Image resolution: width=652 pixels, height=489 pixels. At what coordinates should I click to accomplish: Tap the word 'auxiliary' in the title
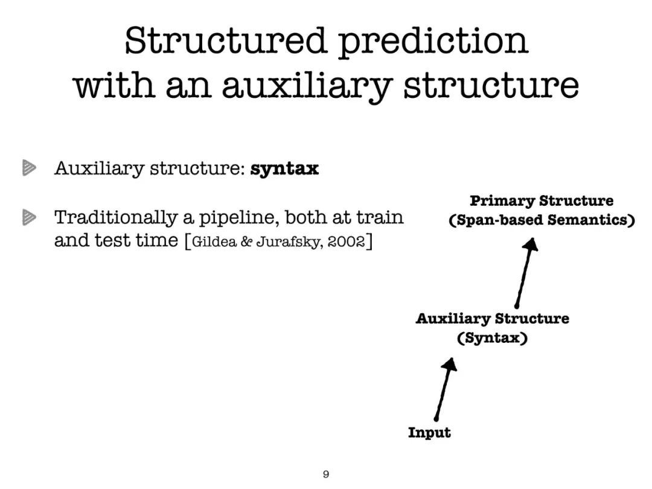pyautogui.click(x=307, y=86)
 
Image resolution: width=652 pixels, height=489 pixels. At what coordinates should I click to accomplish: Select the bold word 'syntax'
pyautogui.click(x=284, y=169)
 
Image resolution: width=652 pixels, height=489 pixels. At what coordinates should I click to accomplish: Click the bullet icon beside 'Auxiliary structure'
pyautogui.click(x=29, y=168)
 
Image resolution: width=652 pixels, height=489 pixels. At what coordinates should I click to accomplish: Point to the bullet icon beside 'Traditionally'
pyautogui.click(x=29, y=217)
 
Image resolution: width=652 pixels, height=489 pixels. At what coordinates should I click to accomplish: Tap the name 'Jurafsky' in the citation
pyautogui.click(x=289, y=242)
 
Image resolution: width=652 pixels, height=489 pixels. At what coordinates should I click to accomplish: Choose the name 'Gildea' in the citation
pyautogui.click(x=214, y=241)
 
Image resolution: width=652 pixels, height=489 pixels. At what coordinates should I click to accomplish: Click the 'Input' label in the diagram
pyautogui.click(x=430, y=432)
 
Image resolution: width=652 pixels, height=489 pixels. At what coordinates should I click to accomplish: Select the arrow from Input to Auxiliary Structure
pyautogui.click(x=445, y=389)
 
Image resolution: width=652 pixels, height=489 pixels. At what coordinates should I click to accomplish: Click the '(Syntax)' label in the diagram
pyautogui.click(x=493, y=337)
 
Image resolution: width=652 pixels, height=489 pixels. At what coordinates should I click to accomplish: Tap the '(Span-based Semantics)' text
pyautogui.click(x=542, y=220)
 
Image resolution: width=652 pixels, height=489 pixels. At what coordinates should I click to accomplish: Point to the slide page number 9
pyautogui.click(x=326, y=474)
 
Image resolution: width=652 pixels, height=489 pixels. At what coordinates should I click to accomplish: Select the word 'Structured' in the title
pyautogui.click(x=225, y=41)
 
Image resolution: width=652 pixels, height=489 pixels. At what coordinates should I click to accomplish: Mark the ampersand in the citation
pyautogui.click(x=246, y=241)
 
